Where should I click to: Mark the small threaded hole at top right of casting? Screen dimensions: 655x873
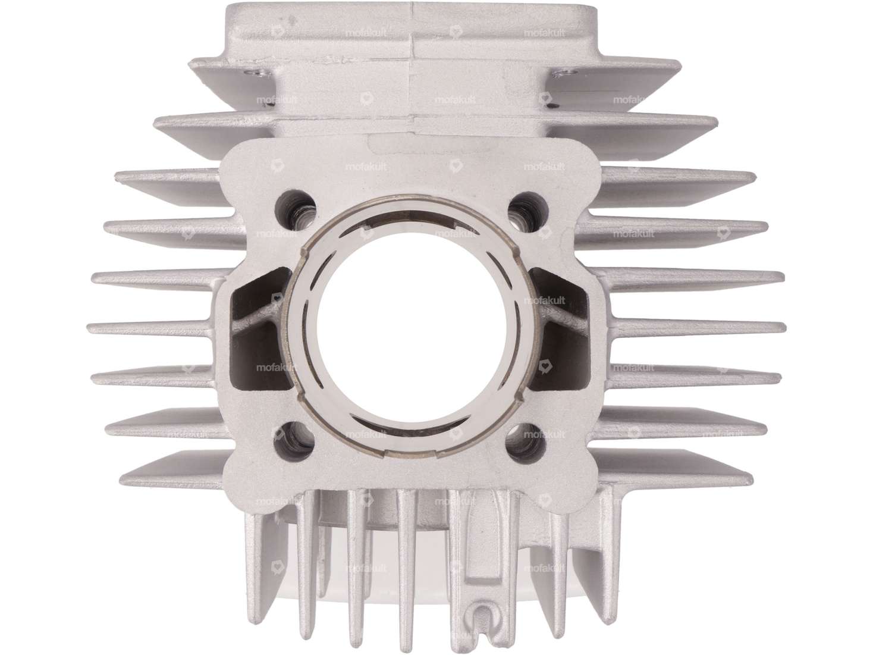561,73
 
